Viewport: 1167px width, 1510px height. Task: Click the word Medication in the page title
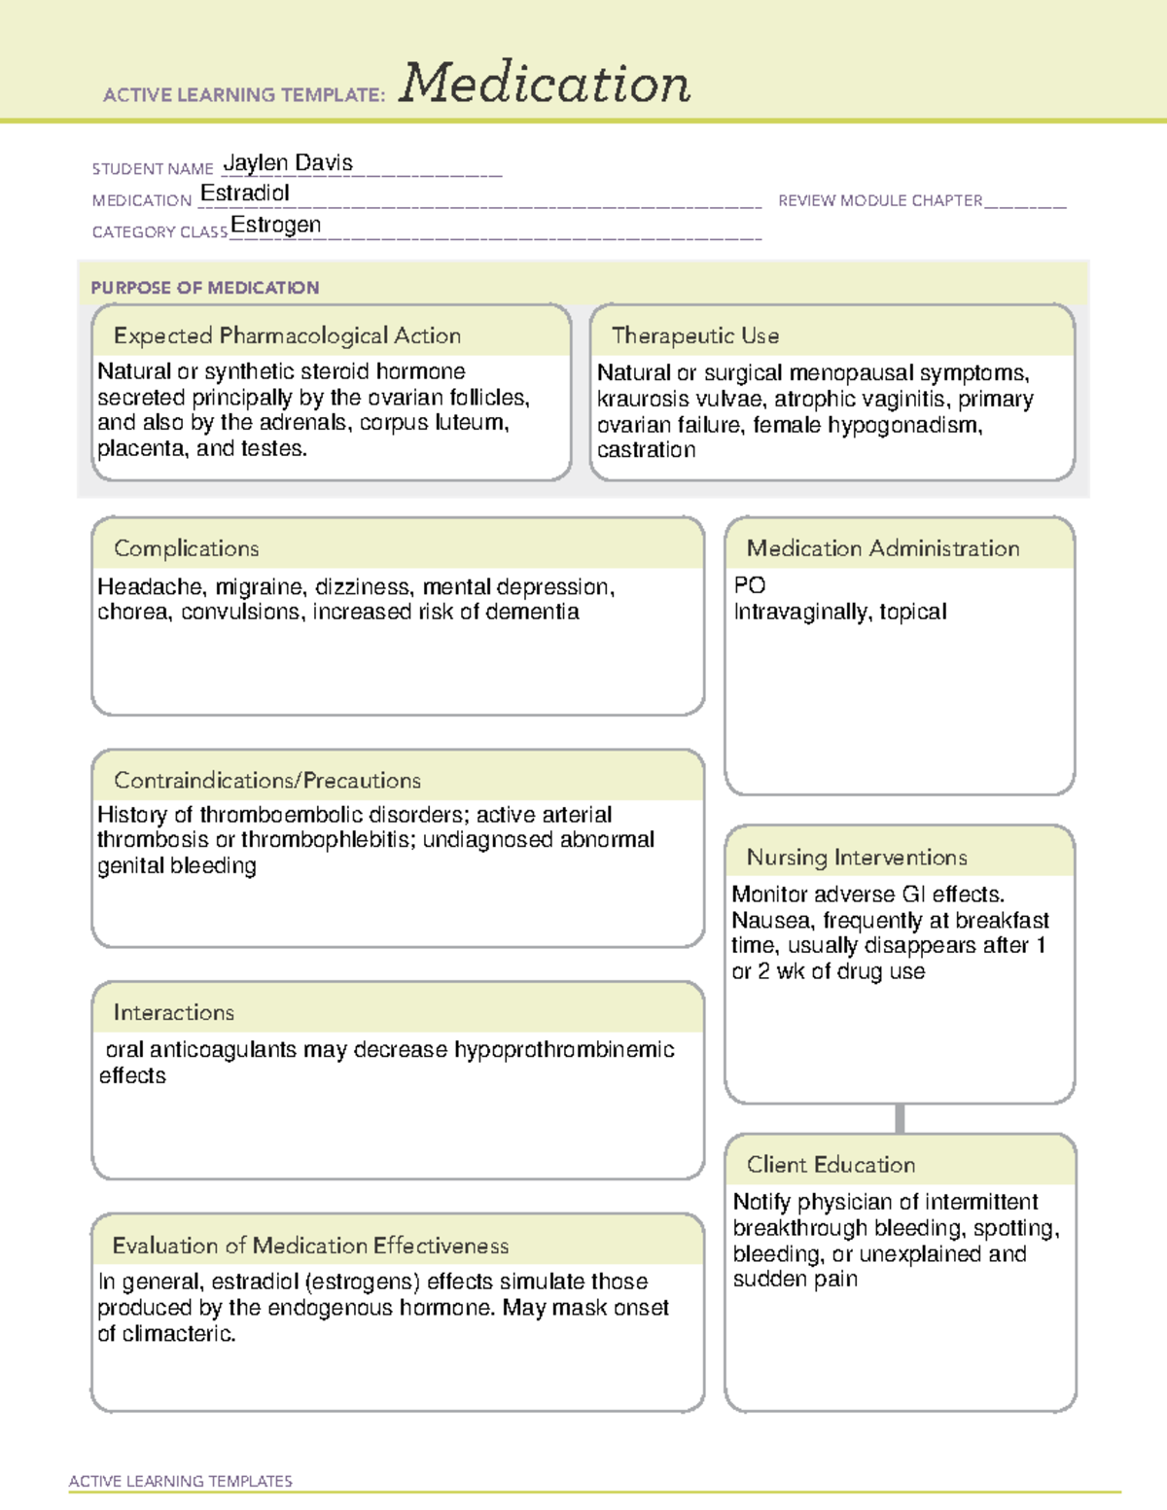coord(545,84)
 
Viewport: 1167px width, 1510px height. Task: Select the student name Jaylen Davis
coord(288,163)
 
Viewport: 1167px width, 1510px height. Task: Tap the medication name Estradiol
coord(245,193)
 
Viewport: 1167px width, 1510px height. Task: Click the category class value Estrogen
coord(276,226)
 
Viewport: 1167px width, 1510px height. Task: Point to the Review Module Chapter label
coord(880,200)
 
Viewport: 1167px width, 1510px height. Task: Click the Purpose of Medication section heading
coord(205,288)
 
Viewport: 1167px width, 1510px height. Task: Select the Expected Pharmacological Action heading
coord(287,335)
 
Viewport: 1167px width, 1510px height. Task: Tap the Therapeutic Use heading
coord(695,335)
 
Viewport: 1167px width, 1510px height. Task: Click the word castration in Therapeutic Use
coord(647,450)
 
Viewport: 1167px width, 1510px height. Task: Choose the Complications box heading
coord(187,548)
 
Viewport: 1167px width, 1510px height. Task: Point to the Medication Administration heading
coord(883,548)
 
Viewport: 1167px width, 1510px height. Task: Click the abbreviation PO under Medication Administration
coord(750,585)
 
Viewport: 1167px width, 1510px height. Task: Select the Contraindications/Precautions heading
coord(267,780)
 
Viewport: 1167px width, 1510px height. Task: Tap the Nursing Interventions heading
coord(857,857)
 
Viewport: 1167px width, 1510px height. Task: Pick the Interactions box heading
coord(174,1012)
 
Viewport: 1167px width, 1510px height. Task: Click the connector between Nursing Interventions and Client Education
coord(900,1118)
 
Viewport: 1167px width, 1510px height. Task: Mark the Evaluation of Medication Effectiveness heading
coord(310,1246)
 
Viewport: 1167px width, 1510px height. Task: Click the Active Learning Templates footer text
coord(181,1481)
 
